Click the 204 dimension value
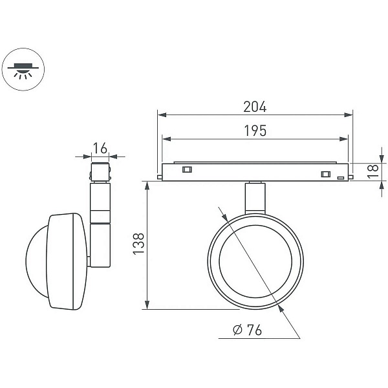click(x=255, y=107)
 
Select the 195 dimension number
click(x=255, y=131)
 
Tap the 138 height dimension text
click(x=138, y=244)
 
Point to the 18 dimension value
click(x=373, y=171)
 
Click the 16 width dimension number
click(x=100, y=148)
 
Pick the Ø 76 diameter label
click(x=247, y=330)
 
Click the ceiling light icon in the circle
click(x=23, y=70)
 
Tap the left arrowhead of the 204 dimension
click(x=162, y=115)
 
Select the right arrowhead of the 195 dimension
click(x=344, y=139)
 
